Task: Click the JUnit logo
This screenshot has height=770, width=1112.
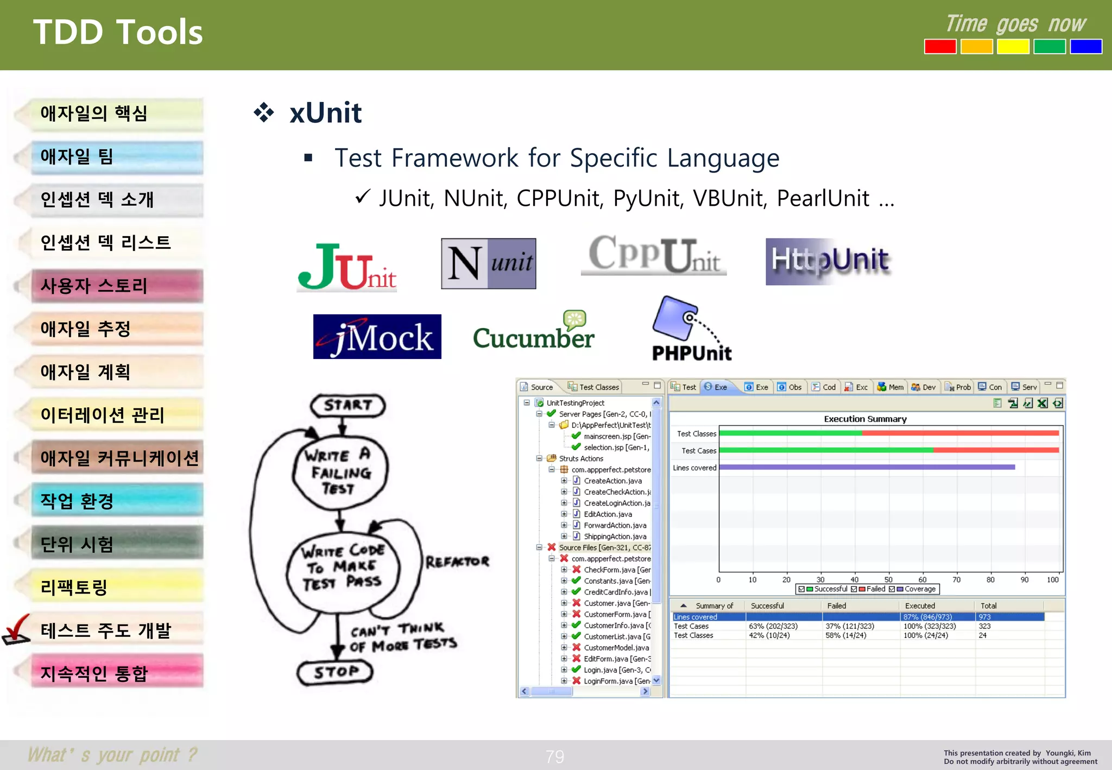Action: click(x=347, y=267)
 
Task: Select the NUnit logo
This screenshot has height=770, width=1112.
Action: click(x=488, y=263)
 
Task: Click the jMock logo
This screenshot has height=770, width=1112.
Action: click(x=377, y=337)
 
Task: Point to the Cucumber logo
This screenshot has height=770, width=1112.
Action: click(x=533, y=332)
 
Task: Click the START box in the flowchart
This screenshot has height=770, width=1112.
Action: click(x=347, y=405)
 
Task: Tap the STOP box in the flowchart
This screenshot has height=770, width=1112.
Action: click(x=336, y=672)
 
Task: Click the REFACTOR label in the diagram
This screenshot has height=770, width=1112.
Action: click(x=457, y=561)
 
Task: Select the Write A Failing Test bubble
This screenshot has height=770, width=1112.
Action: click(x=340, y=471)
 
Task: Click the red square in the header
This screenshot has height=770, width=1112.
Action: click(x=940, y=47)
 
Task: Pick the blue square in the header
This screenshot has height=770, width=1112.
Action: click(x=1085, y=47)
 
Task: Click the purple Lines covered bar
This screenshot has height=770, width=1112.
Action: click(x=867, y=467)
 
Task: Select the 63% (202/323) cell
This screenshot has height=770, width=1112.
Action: click(x=773, y=626)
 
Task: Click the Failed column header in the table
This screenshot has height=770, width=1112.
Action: click(x=837, y=605)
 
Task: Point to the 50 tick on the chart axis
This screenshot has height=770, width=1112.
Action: click(x=888, y=579)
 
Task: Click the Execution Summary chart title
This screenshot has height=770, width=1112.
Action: click(x=865, y=419)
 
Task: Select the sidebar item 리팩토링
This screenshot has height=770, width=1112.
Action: click(x=74, y=587)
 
